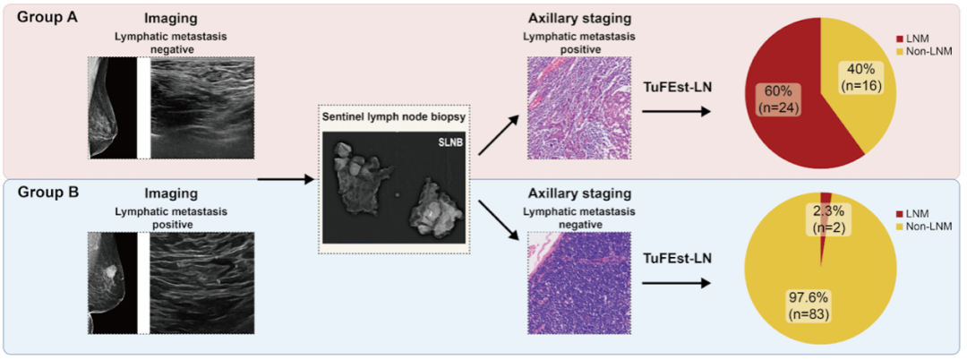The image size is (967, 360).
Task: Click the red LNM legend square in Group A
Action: [898, 39]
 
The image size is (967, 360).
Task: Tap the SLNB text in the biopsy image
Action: [447, 142]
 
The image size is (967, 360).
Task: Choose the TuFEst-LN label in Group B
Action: [678, 260]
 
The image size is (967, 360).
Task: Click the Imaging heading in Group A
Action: [170, 19]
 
